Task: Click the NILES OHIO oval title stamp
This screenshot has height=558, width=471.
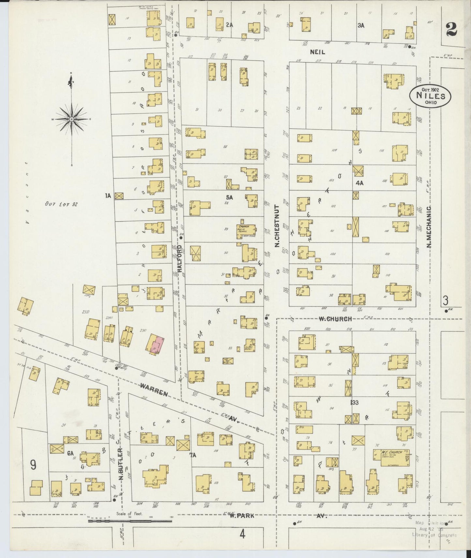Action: (x=431, y=96)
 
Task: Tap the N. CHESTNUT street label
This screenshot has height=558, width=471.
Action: (x=277, y=226)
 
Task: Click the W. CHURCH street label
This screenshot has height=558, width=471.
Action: (x=335, y=319)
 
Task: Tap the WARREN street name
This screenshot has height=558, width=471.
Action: (x=154, y=390)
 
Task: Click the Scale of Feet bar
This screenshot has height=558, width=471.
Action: (x=130, y=521)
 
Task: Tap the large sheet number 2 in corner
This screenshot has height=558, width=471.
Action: (x=451, y=30)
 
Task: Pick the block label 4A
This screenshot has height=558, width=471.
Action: (x=359, y=183)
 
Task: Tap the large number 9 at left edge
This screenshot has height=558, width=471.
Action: (x=33, y=465)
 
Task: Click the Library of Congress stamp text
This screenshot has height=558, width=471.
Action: (x=434, y=535)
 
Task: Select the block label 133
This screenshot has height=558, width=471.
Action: (x=354, y=403)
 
